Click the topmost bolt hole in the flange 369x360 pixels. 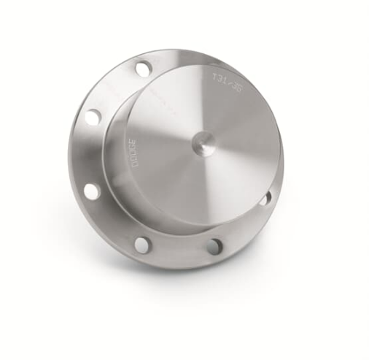coord(143,69)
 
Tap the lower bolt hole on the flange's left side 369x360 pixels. coord(91,191)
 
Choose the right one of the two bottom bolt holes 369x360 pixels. coord(214,247)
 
